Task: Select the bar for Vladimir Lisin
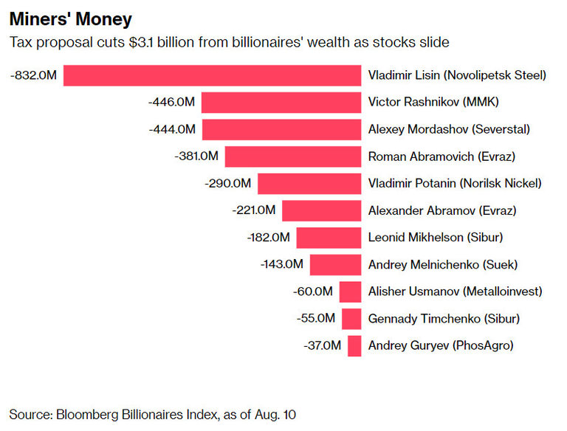point(212,75)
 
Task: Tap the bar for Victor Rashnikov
point(281,103)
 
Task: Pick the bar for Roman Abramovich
point(293,156)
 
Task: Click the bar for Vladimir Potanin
point(309,183)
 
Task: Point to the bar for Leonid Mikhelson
point(329,238)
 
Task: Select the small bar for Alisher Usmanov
point(350,292)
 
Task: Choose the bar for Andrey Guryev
point(354,345)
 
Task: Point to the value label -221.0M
point(253,210)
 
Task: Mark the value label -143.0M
point(281,264)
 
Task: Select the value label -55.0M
point(317,319)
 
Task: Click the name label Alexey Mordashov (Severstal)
point(449,129)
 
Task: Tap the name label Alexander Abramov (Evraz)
point(442,210)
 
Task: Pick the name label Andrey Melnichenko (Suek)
point(443,264)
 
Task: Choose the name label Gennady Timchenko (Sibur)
point(444,319)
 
